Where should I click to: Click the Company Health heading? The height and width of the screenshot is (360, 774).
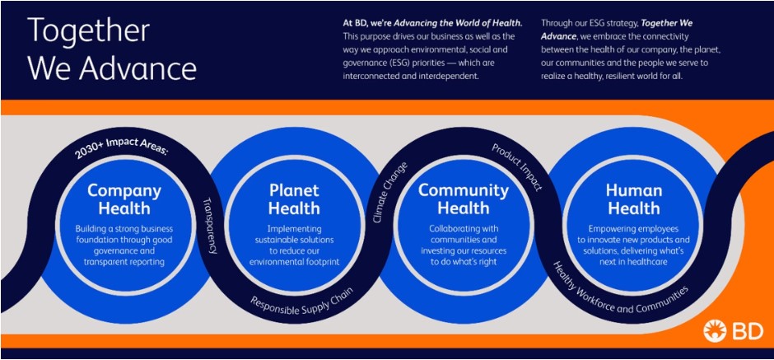pos(124,199)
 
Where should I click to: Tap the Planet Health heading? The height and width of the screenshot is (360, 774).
pos(294,199)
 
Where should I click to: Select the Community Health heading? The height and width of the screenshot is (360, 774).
pos(464,199)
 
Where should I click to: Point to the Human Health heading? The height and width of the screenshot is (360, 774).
pos(634,199)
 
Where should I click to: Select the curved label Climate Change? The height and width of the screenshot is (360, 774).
pos(390,192)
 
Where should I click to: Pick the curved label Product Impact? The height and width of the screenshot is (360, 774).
pos(517,167)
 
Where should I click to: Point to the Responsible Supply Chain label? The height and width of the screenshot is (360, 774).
pos(301,305)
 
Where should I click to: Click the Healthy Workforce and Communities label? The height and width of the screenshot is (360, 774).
pos(618,290)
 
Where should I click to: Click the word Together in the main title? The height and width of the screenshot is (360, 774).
pos(88,30)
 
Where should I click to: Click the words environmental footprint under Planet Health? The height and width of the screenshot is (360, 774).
pos(294,262)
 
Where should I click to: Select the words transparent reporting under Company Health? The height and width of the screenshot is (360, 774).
pos(124,262)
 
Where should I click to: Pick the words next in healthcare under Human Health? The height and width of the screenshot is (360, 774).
pos(634,262)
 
